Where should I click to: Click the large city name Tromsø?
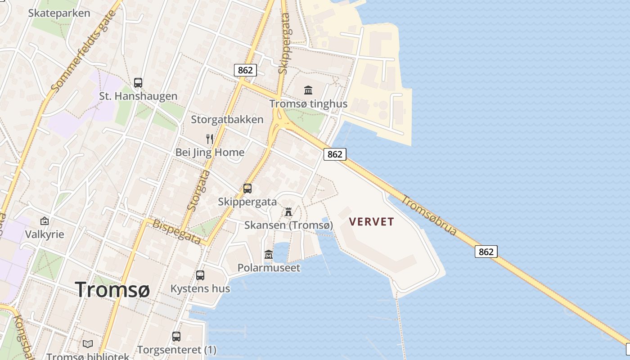tap(112, 289)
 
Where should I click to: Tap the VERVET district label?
tap(372, 222)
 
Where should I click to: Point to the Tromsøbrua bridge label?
tap(429, 216)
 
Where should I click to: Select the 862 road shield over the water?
tap(486, 252)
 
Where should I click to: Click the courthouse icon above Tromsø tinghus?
tap(308, 90)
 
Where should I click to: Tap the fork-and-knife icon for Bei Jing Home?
tap(210, 139)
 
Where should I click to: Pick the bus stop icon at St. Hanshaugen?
tap(138, 83)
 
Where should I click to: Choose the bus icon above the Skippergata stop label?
tap(247, 189)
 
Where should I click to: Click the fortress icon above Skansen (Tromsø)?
tap(288, 211)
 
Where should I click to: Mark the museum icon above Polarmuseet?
tap(269, 254)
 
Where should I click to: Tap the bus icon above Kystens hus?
tap(200, 275)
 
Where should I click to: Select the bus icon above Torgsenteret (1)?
tap(176, 336)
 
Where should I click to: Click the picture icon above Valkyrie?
tap(45, 221)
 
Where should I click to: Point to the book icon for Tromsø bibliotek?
tap(88, 344)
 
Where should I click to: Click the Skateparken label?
tap(59, 13)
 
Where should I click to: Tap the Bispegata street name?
tap(177, 232)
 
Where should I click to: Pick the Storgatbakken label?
tap(227, 120)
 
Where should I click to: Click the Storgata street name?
tap(198, 190)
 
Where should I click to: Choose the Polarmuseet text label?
tap(269, 268)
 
